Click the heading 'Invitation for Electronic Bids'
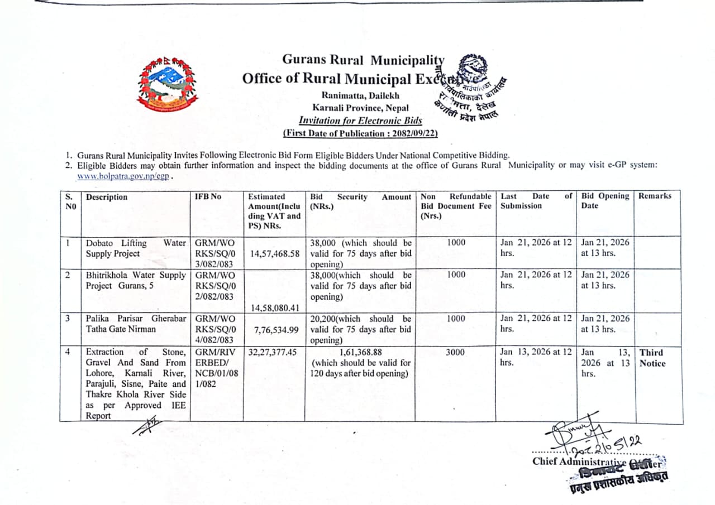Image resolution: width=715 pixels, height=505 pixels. [x=360, y=120]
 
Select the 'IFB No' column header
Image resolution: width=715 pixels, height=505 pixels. [x=207, y=197]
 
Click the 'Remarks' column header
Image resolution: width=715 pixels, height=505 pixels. [x=655, y=196]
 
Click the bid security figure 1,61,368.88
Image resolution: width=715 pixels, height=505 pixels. [x=360, y=352]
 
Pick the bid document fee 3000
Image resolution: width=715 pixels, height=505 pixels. [x=456, y=352]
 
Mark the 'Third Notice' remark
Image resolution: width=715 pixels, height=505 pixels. [x=652, y=358]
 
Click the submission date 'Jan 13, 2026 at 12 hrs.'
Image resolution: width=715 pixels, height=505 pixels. [x=536, y=357]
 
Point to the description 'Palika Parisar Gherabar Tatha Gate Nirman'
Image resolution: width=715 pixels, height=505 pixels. [x=136, y=324]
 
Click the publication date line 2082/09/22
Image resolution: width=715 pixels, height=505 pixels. [x=360, y=133]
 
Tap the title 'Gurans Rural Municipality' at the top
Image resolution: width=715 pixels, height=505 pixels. [x=363, y=60]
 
